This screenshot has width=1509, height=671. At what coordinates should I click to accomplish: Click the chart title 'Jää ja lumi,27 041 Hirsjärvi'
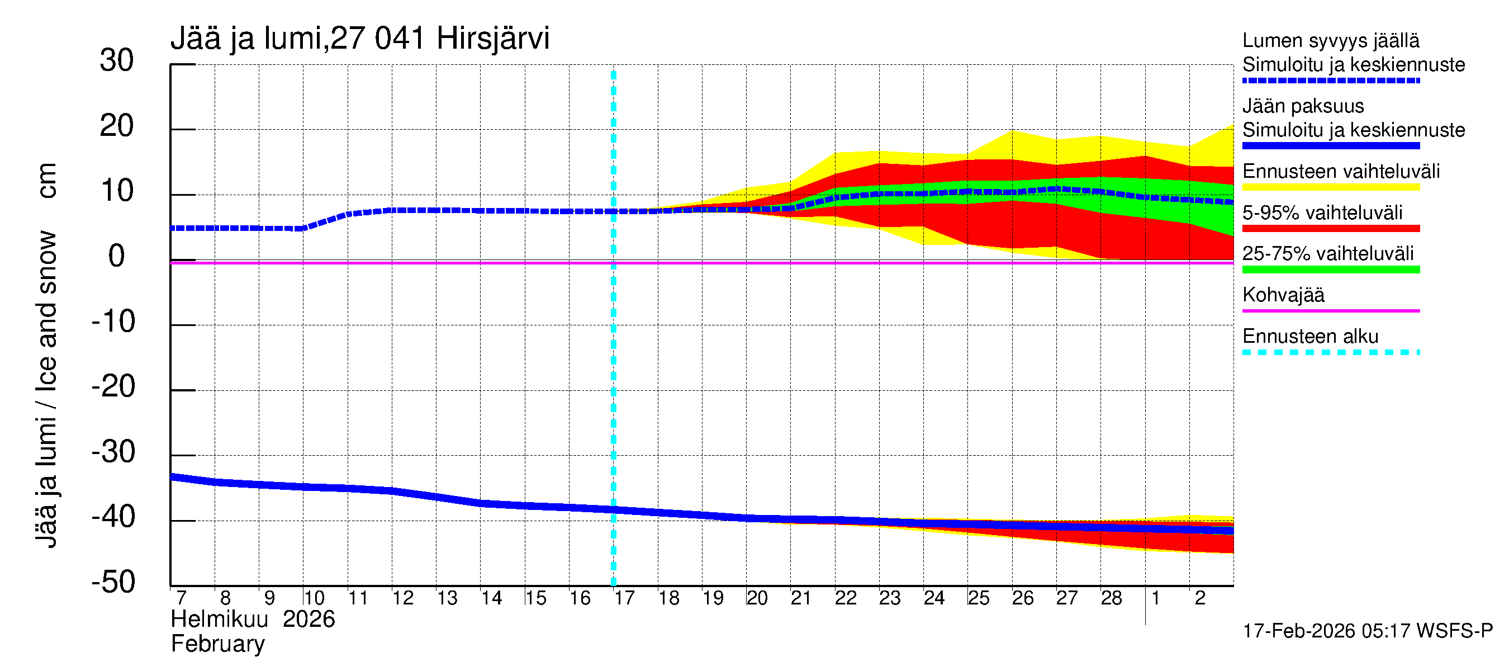pyautogui.click(x=360, y=39)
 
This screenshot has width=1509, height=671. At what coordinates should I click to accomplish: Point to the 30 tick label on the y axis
pyautogui.click(x=117, y=60)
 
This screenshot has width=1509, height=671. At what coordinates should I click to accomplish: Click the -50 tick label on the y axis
pyautogui.click(x=113, y=582)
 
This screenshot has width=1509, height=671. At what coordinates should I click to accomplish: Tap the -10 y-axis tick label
pyautogui.click(x=113, y=321)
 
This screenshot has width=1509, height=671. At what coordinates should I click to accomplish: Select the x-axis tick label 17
pyautogui.click(x=624, y=598)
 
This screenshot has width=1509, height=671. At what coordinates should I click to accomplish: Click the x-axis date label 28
pyautogui.click(x=1111, y=598)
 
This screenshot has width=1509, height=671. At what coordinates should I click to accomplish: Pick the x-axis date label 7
pyautogui.click(x=181, y=598)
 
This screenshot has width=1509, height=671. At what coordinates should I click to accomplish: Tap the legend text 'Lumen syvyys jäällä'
pyautogui.click(x=1331, y=40)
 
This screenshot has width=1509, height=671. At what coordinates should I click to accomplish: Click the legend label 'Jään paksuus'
pyautogui.click(x=1303, y=106)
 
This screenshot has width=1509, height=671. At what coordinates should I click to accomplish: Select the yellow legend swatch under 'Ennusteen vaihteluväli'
pyautogui.click(x=1331, y=187)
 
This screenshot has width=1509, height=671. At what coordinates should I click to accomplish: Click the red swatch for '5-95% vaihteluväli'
pyautogui.click(x=1331, y=229)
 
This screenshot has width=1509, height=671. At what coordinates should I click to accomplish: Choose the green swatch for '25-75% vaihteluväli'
pyautogui.click(x=1331, y=270)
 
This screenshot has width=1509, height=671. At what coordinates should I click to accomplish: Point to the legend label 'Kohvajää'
pyautogui.click(x=1283, y=295)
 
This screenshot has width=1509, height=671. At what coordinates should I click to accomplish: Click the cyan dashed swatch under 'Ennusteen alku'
pyautogui.click(x=1331, y=352)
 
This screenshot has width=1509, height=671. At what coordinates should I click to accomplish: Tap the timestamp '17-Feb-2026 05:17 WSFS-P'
pyautogui.click(x=1367, y=631)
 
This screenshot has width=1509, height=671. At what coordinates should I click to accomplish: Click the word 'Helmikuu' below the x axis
pyautogui.click(x=219, y=620)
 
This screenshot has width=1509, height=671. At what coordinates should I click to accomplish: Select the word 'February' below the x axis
pyautogui.click(x=217, y=644)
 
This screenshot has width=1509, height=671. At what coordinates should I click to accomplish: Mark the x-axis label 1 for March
pyautogui.click(x=1156, y=598)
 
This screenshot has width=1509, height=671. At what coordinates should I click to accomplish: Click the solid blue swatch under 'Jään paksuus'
pyautogui.click(x=1331, y=146)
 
